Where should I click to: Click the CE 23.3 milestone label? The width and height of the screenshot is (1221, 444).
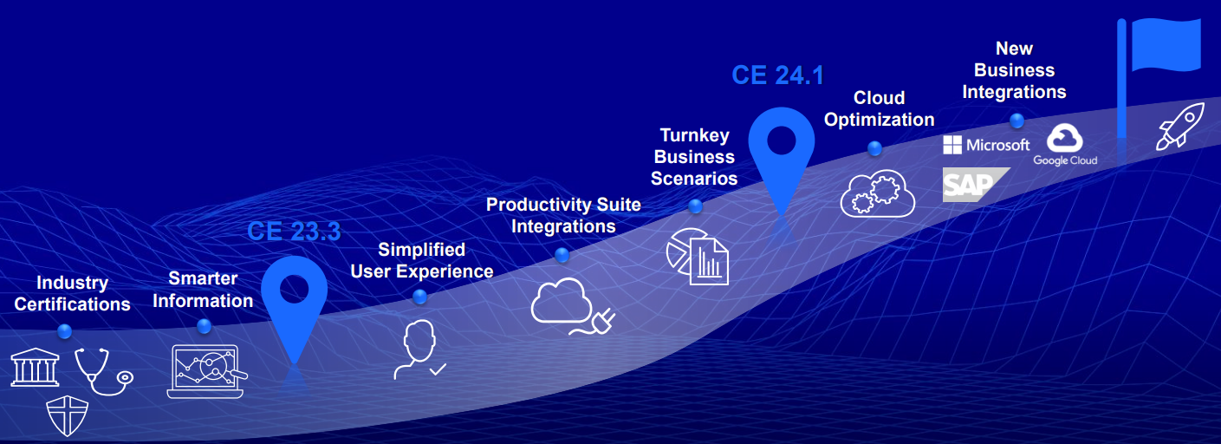[294, 232]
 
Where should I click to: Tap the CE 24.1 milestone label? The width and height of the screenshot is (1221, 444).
[778, 75]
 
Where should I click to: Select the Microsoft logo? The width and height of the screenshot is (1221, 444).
[986, 145]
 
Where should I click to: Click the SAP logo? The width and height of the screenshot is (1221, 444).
[973, 185]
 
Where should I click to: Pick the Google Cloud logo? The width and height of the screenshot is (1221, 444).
[1065, 145]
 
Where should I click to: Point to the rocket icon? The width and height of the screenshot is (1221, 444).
[1179, 126]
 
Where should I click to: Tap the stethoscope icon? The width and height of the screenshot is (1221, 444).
[104, 371]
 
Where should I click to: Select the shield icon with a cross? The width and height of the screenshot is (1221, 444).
[67, 415]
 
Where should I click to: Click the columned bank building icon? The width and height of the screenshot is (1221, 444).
[35, 368]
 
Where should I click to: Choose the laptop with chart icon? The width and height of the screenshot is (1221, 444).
[206, 371]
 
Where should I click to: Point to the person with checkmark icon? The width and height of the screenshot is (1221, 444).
[419, 349]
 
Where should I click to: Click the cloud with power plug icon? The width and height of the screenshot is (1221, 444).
[572, 306]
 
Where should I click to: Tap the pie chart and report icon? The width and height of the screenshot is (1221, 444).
[698, 257]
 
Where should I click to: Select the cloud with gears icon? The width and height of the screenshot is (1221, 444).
[878, 193]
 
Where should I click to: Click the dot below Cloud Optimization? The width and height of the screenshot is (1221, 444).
[874, 147]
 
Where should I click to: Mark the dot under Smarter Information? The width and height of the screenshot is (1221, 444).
[204, 326]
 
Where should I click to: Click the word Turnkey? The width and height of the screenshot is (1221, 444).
[694, 135]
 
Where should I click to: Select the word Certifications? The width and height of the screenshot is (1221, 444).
[72, 304]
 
